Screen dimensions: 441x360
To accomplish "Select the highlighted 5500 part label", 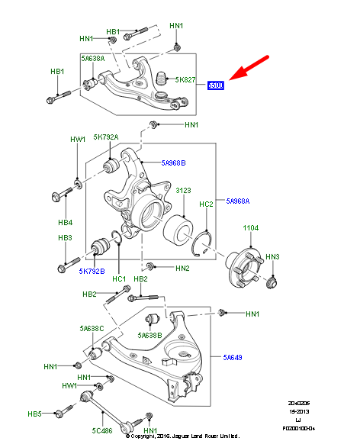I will (x=216, y=86).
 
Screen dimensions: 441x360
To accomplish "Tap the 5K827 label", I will (x=185, y=79).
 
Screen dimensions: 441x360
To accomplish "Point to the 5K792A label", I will (x=105, y=137).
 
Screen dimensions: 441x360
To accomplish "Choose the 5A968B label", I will (x=173, y=163).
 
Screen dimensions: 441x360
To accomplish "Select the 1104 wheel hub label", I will (x=251, y=228).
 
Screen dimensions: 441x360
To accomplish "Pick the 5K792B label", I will (x=92, y=271).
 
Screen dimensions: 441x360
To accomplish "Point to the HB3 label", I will (x=66, y=238).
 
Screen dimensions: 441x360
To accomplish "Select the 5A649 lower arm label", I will (x=233, y=356).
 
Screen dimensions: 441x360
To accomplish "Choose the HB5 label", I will (x=34, y=414).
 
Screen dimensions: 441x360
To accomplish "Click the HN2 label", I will (x=182, y=268).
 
